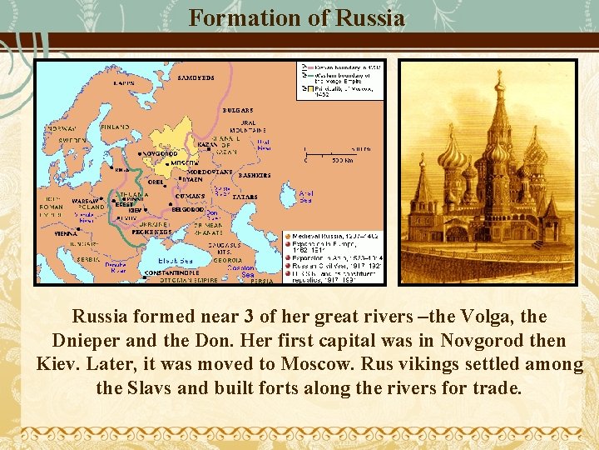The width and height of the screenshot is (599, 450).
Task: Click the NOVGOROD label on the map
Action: [x=160, y=154]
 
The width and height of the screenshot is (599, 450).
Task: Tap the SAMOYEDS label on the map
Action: [x=196, y=78]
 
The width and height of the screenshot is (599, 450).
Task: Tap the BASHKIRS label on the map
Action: [x=255, y=176]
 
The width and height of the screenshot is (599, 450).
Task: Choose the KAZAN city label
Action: [x=207, y=144]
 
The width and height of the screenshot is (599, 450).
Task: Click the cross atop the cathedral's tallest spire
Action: [x=499, y=77]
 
